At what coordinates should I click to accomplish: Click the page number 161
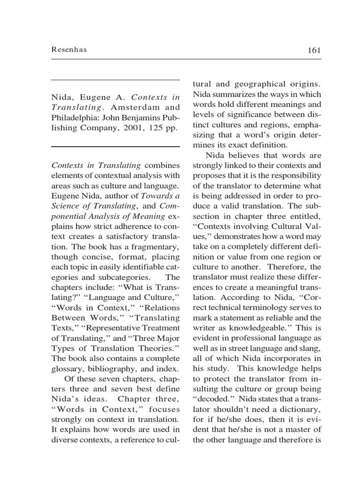tap(314, 51)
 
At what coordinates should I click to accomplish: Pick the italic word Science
tap(66, 205)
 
